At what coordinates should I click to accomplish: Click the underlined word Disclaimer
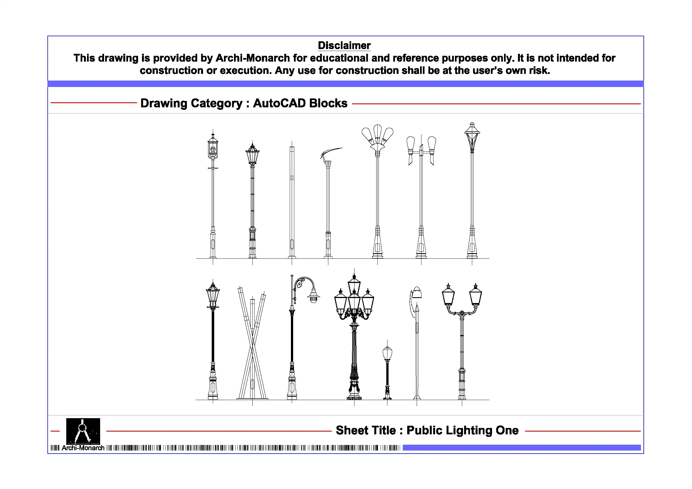coord(344,45)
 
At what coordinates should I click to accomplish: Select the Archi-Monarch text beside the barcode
coord(83,448)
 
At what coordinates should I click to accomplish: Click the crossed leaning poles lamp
coord(252,343)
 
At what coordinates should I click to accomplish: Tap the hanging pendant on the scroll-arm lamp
coord(314,296)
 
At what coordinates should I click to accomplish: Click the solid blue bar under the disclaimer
coord(346,84)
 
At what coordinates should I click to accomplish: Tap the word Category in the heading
coord(216,103)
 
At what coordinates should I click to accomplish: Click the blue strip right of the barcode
coord(521,448)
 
